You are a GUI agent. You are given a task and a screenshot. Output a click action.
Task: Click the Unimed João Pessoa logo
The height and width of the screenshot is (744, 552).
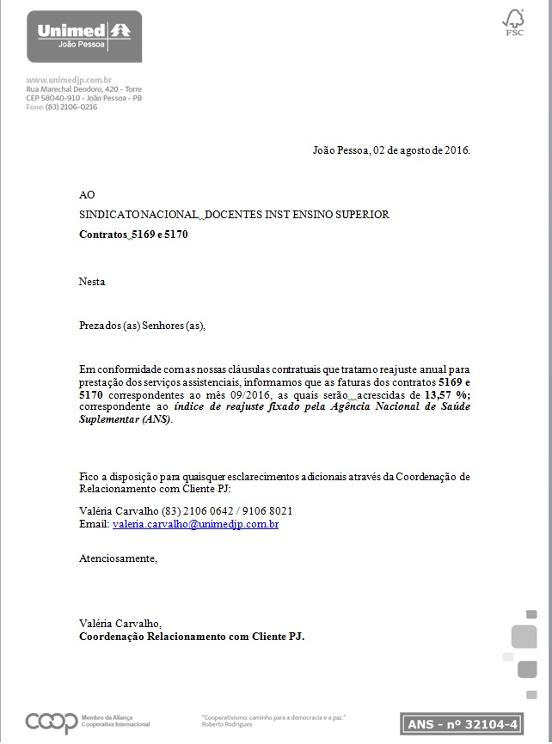coord(84,36)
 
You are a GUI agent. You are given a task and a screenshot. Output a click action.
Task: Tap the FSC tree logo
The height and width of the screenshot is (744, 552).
coord(513,22)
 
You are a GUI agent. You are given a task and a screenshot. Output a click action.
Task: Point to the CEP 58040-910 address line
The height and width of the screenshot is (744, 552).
coord(83,98)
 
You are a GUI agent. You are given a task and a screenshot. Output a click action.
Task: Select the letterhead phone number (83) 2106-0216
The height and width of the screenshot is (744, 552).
coord(71,107)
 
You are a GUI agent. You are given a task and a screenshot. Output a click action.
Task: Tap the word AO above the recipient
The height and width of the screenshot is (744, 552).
coord(87,195)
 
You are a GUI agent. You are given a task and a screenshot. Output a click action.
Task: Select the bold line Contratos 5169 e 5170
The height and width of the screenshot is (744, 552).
coord(133,234)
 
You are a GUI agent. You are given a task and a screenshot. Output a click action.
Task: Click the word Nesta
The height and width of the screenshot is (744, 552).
coord(92,281)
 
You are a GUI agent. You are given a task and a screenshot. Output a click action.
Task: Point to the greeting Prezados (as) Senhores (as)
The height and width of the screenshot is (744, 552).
coord(143,326)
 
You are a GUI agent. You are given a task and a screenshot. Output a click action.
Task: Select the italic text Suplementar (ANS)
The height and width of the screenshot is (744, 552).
coord(126,419)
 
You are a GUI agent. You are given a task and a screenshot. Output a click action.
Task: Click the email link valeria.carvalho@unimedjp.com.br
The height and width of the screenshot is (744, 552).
coord(195,524)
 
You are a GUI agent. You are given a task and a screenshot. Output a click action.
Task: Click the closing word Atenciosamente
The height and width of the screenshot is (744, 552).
coord(119,558)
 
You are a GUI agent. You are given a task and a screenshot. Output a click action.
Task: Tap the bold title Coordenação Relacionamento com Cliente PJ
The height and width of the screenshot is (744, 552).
coord(192,637)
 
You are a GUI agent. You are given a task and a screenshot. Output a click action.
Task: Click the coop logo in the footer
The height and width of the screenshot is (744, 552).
coord(51,723)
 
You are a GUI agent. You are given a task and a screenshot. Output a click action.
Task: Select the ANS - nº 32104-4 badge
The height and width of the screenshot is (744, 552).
coord(462,723)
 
